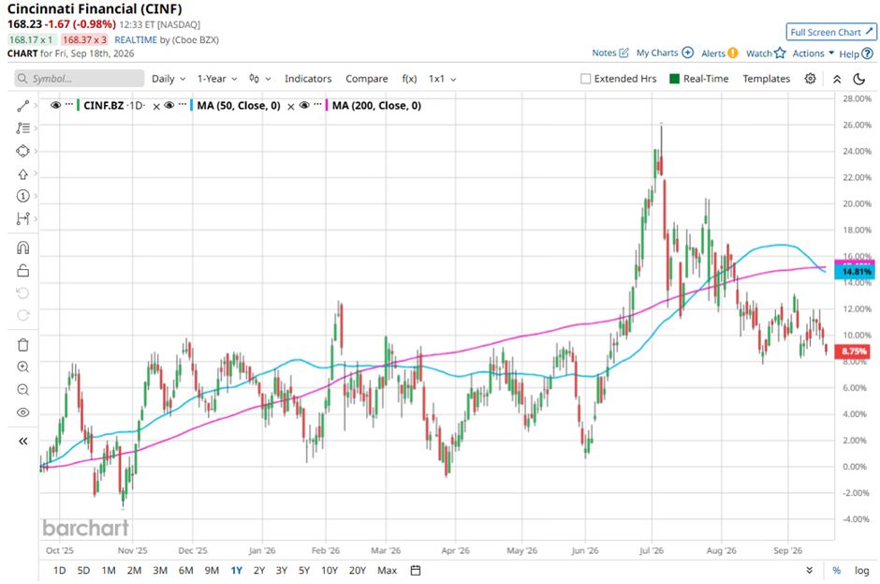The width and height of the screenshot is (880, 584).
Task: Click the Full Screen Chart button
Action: tap(831, 32)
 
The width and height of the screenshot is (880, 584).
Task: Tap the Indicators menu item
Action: tap(308, 79)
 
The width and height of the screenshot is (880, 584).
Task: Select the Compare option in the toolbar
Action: tap(366, 79)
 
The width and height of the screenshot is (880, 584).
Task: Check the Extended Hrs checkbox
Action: tap(585, 79)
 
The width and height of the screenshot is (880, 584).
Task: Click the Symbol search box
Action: tap(80, 79)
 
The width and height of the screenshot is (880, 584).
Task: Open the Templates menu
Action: tap(766, 79)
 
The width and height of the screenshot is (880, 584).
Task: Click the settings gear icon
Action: tap(810, 79)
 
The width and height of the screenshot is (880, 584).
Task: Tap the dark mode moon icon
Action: tap(858, 79)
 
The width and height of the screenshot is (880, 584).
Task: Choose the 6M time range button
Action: tap(185, 571)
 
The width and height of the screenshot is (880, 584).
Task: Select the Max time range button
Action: tap(387, 571)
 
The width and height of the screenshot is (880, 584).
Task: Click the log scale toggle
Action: tap(861, 571)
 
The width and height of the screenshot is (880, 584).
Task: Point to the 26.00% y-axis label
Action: tap(857, 125)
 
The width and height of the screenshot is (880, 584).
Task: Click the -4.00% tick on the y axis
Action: tap(857, 518)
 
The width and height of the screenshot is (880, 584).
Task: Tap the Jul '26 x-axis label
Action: tap(651, 550)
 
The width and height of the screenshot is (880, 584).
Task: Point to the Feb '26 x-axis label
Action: tap(326, 550)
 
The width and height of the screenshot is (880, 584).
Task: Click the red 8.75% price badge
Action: tap(853, 352)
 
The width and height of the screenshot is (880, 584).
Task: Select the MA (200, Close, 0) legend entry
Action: tap(376, 106)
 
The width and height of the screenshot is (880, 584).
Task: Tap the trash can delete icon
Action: tap(23, 345)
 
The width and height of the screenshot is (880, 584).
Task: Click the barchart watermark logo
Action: tap(86, 528)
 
